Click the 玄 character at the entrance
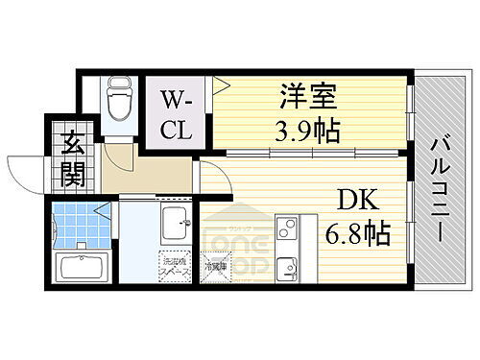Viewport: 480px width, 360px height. [72, 149]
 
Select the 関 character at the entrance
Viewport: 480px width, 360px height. [72, 174]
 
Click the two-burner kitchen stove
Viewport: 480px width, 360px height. [288, 231]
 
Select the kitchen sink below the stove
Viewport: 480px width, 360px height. [288, 267]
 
